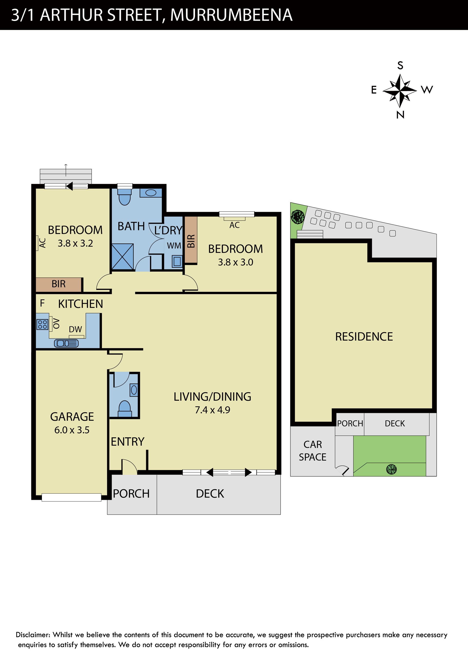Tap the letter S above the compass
pos(400,66)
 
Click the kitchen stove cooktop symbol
pos(42,324)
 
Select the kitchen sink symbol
pos(66,343)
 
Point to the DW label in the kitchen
pos(75,329)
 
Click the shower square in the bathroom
pos(123,257)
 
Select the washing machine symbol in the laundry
pos(177,261)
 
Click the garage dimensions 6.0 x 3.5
pos(72,430)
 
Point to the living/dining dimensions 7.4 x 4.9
pos(212,410)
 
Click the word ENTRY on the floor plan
pos(127,442)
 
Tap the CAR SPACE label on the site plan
pos(312,451)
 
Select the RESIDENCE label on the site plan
pos(364,337)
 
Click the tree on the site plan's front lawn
pos(391,469)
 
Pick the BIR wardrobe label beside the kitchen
pos(58,284)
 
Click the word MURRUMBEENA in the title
pos(231,15)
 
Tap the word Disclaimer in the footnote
pos(33,635)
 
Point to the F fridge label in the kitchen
pos(42,303)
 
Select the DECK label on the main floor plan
pos(210,494)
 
